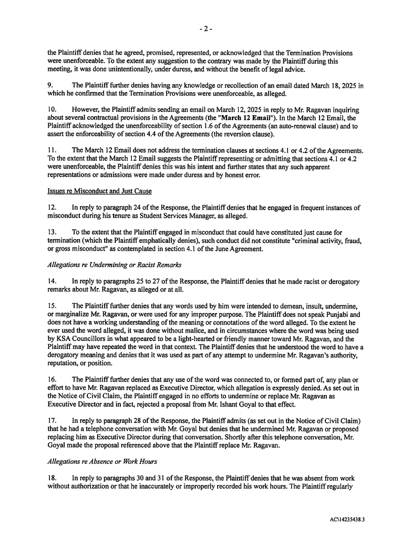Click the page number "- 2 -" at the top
coord(206,29)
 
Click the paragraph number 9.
coord(50,85)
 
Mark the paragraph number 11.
coord(51,150)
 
